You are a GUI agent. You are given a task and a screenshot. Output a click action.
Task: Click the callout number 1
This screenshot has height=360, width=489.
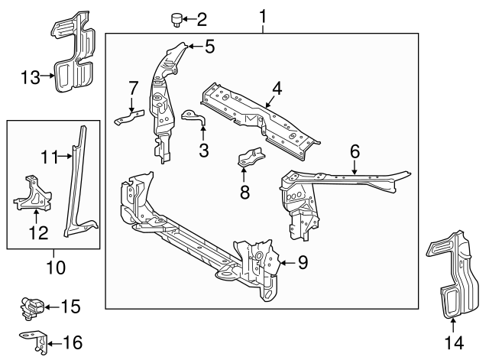pyautogui.click(x=263, y=15)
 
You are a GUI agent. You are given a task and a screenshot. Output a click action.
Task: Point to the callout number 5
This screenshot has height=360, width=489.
pyautogui.click(x=209, y=47)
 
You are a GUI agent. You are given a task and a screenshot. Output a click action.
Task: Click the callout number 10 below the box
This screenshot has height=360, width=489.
pyautogui.click(x=55, y=268)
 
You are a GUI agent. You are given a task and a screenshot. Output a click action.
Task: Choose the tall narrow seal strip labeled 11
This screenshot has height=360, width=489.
pyautogui.click(x=78, y=183)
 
